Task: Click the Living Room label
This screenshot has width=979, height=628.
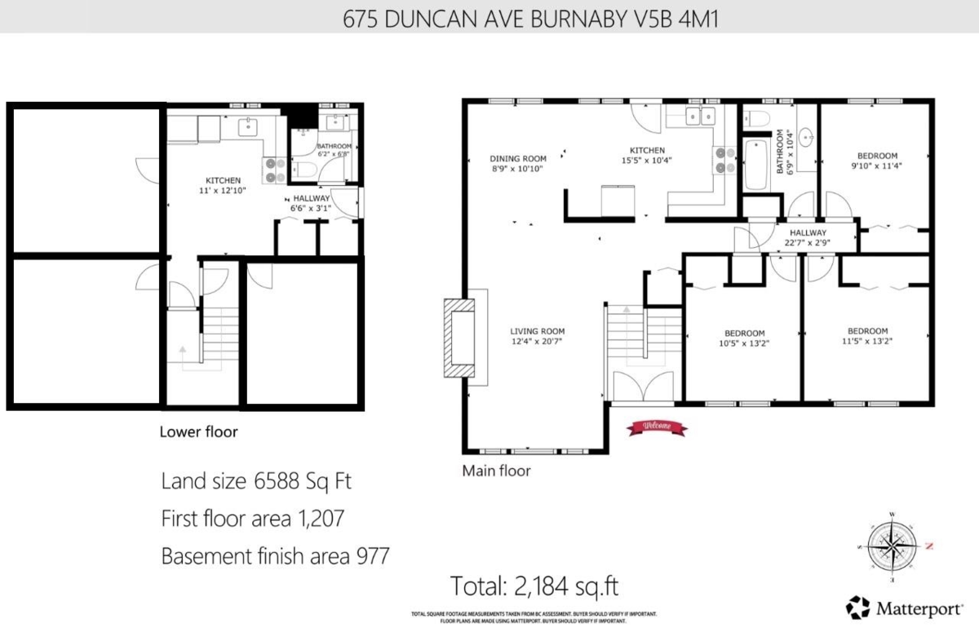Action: click(537, 336)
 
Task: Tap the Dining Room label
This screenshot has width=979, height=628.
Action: click(518, 163)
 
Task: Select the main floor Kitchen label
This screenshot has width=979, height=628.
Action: click(648, 155)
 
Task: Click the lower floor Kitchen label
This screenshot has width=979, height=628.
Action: click(223, 185)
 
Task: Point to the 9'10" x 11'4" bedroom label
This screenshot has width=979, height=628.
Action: click(877, 160)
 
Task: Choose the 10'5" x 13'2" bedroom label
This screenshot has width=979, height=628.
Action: click(745, 338)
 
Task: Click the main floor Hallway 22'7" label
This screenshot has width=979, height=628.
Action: click(807, 237)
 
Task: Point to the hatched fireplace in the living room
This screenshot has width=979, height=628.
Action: click(458, 336)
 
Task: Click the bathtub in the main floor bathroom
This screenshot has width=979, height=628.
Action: click(755, 163)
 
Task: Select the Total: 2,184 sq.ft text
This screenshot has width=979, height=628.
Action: click(539, 586)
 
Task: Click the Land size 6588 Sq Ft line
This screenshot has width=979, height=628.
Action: click(256, 481)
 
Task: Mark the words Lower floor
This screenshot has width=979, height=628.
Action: click(198, 432)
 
